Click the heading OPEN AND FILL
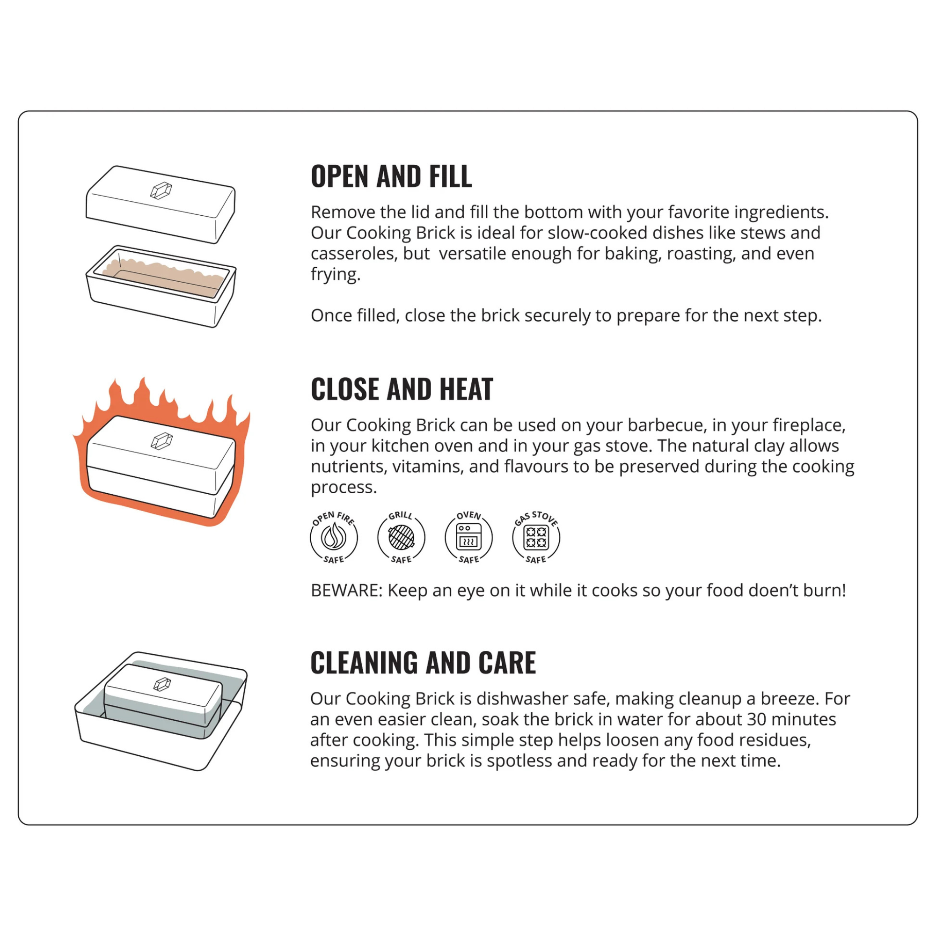click(391, 176)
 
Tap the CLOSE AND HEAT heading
click(402, 389)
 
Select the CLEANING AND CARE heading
click(423, 663)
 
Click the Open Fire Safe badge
click(334, 537)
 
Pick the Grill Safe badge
click(401, 537)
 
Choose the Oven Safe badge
click(468, 537)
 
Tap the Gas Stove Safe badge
click(536, 537)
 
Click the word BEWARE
click(346, 591)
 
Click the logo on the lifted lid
click(161, 190)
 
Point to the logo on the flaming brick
click(161, 441)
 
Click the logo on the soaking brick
click(162, 684)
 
